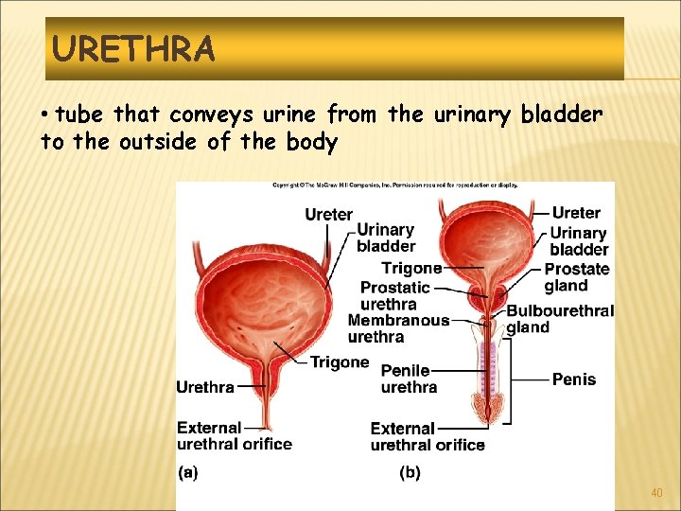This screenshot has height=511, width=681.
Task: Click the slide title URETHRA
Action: [133, 47]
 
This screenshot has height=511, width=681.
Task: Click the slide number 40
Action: [656, 493]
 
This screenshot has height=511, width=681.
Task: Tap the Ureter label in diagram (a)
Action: [328, 215]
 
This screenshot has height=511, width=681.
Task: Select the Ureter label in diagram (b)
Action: [576, 213]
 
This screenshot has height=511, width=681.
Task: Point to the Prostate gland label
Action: [576, 277]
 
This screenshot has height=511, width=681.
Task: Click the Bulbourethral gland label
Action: [560, 319]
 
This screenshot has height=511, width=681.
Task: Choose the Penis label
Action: [574, 379]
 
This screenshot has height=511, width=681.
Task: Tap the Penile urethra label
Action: [409, 379]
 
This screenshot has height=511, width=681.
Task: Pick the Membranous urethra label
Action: [398, 328]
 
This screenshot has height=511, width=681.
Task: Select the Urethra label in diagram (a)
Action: [205, 386]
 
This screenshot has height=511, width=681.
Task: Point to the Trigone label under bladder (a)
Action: [340, 361]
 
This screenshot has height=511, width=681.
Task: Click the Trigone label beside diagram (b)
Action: [411, 269]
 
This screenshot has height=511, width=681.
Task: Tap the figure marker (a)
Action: [187, 472]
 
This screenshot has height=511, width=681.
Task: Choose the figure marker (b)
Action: [410, 472]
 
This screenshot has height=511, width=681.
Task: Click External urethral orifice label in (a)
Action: [234, 435]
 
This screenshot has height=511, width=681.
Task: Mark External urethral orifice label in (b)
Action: [428, 436]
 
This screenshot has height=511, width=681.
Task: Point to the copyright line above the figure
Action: [394, 185]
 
